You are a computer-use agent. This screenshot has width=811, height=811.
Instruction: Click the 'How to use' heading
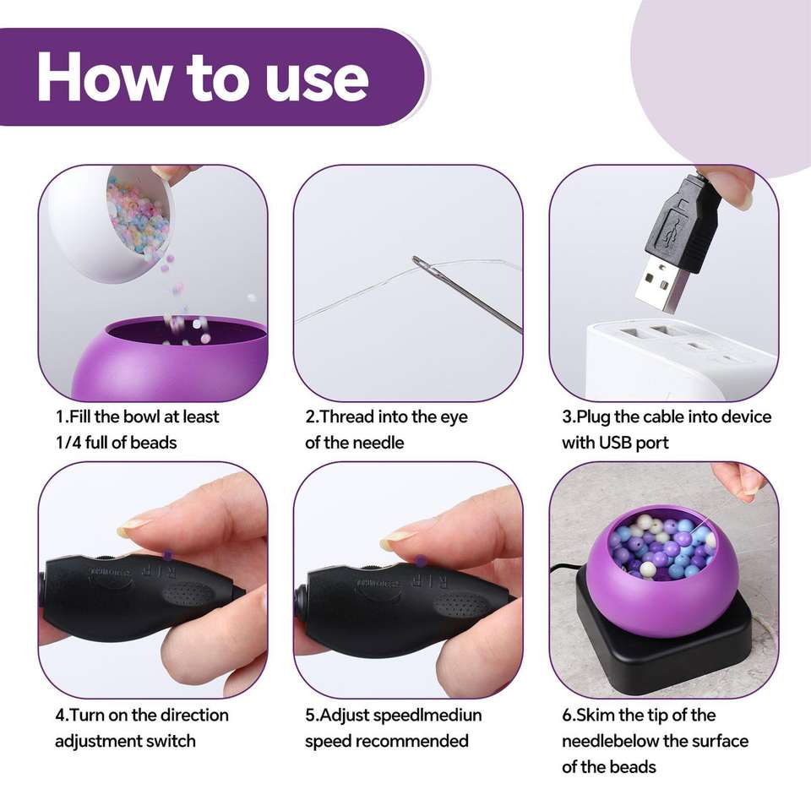[202, 77]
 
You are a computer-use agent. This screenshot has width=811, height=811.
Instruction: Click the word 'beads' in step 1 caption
[153, 443]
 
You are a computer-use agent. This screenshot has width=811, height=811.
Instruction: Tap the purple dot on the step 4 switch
[167, 554]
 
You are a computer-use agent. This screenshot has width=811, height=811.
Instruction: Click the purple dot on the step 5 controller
[421, 560]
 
